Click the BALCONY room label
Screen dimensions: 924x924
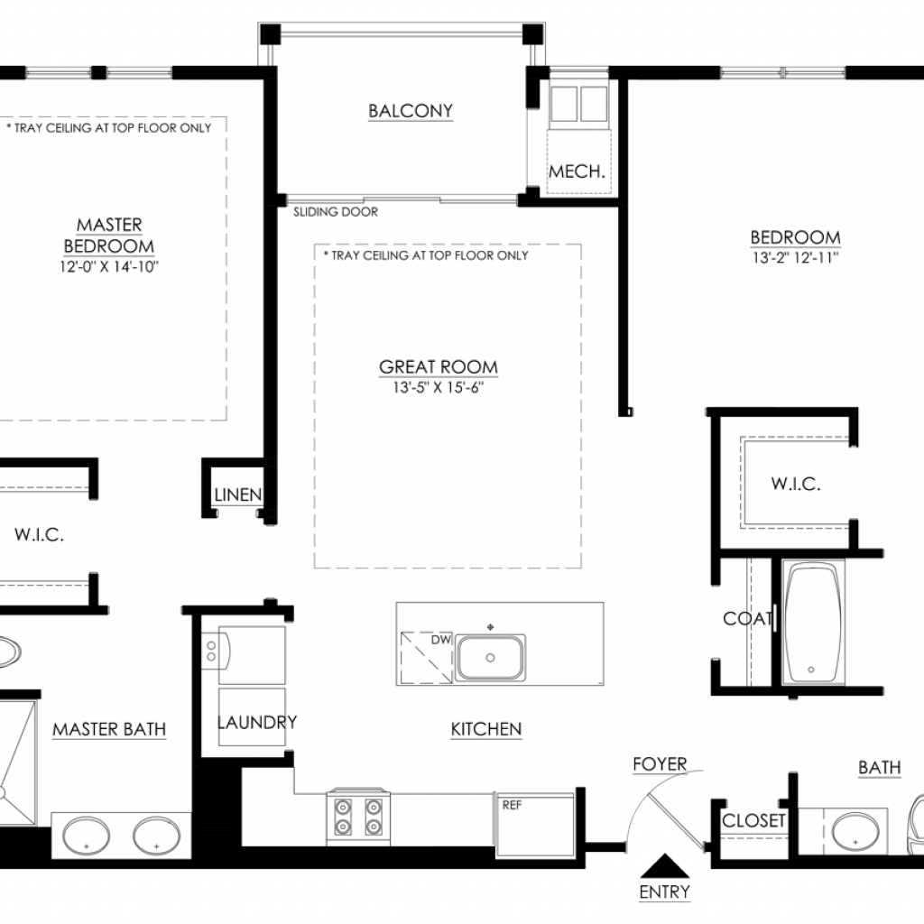pos(411,111)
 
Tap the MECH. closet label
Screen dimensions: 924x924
pos(577,171)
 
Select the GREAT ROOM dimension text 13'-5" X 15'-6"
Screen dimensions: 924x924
pos(439,387)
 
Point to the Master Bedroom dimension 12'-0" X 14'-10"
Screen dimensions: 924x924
pos(109,266)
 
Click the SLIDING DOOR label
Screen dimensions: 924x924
pos(336,211)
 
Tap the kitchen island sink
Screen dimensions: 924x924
pos(490,657)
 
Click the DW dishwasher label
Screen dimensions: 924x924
pos(440,640)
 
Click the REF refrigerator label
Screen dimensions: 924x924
pos(512,804)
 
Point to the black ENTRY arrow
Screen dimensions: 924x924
pos(665,866)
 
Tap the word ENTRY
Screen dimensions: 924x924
pos(665,892)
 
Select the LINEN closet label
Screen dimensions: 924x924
pos(238,494)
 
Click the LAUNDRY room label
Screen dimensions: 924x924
pos(257,722)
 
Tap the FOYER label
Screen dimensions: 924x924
pos(660,763)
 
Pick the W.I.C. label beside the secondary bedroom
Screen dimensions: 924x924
pos(796,484)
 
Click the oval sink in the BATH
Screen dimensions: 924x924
pos(855,832)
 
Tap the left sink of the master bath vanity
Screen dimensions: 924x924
pos(86,836)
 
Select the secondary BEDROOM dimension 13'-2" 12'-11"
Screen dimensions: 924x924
pos(795,257)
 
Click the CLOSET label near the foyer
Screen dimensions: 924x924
pos(753,820)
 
